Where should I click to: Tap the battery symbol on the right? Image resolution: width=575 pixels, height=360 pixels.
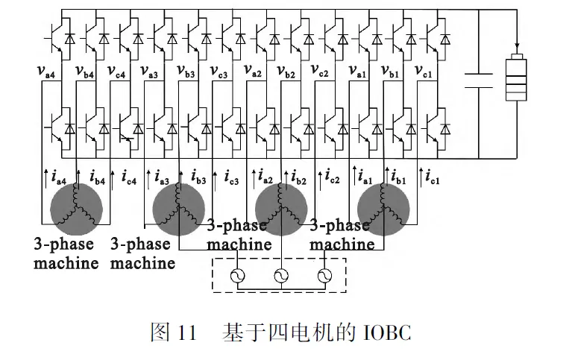pos(516,80)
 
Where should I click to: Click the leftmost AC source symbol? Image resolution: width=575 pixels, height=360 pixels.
pos(240,276)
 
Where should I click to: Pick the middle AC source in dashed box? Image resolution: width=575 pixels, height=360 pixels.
pos(282,276)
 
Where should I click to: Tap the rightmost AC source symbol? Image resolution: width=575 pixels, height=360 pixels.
pos(324,276)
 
